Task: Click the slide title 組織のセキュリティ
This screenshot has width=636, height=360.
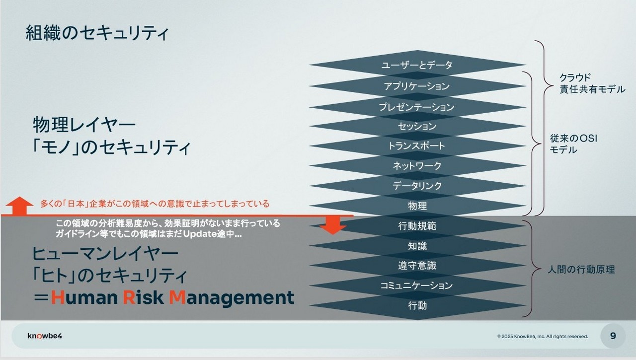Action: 97,33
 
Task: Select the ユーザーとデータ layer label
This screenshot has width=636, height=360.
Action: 417,65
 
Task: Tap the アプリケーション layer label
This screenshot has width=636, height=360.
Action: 417,86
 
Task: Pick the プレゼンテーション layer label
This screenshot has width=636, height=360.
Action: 417,107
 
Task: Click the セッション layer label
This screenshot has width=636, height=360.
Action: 417,126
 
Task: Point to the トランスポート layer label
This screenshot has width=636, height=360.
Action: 417,146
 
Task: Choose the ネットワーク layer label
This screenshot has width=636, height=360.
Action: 417,165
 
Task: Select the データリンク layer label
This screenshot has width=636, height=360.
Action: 417,186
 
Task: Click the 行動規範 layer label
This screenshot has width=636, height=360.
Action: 417,226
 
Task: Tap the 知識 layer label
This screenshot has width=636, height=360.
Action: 417,246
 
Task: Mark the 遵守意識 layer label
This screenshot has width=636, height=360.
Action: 417,266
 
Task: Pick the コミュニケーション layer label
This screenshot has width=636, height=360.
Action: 416,286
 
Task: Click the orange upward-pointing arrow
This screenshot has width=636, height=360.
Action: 19,206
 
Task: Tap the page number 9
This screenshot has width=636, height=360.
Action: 613,336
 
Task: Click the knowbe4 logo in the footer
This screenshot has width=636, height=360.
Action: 45,336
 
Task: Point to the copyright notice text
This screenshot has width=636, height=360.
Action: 543,337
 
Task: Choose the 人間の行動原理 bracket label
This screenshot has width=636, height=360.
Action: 581,270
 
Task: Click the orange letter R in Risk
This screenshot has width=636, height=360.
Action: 129,297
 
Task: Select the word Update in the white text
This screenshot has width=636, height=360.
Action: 200,234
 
